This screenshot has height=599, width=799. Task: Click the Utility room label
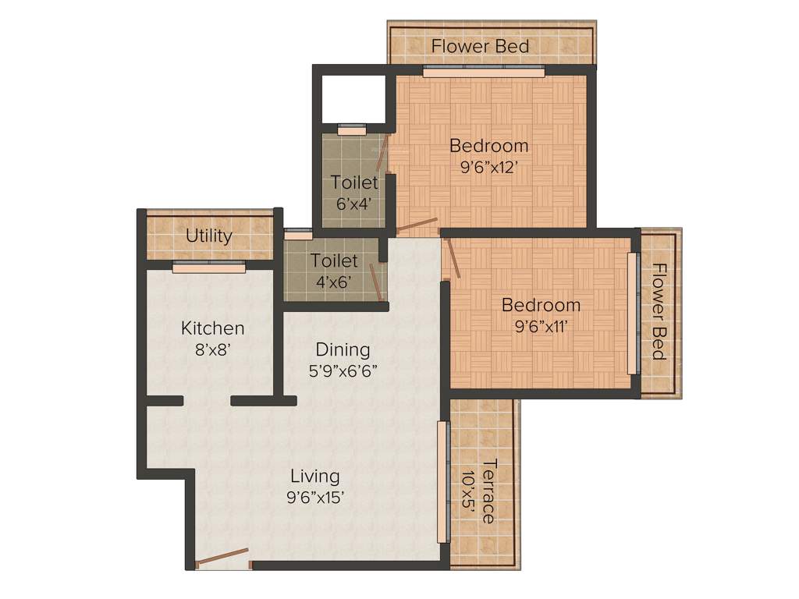[208, 236]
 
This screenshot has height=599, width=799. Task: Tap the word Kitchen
[213, 328]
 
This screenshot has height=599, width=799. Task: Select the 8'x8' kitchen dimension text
[213, 349]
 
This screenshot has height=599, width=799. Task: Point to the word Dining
[343, 349]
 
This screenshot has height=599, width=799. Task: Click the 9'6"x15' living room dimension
[315, 497]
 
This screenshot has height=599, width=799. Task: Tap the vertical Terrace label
[488, 491]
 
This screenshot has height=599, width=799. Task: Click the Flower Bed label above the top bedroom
[481, 46]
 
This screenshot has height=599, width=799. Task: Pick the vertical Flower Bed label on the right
[659, 312]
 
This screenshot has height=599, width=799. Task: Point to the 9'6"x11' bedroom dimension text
[541, 326]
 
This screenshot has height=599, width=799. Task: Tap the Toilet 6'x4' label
[354, 192]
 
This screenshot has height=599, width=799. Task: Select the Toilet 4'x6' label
[334, 271]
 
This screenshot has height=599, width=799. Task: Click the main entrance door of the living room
[222, 558]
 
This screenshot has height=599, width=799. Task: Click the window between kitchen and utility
[208, 268]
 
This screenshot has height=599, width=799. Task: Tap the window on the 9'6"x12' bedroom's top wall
[484, 72]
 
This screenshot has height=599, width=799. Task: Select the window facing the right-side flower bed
[633, 312]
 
